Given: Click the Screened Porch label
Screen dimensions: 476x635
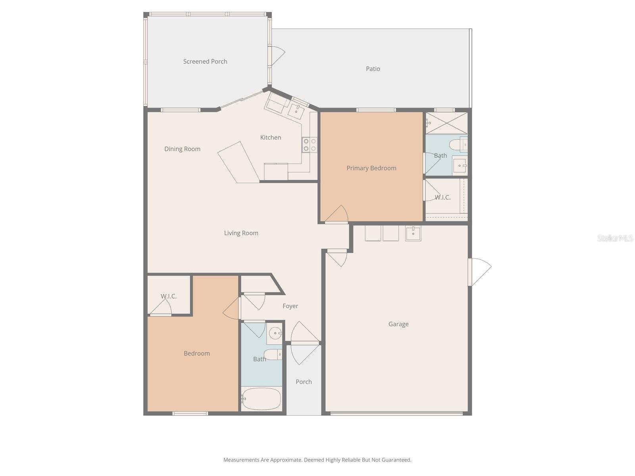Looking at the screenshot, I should point(205,61).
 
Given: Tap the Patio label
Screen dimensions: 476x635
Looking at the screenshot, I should point(373,69).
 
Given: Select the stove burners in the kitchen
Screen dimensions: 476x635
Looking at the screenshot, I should point(310,145).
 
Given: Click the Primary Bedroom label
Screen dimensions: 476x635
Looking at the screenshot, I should point(371,168).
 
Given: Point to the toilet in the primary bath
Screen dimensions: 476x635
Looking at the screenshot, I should point(460,145).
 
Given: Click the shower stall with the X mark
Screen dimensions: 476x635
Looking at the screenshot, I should point(446,123).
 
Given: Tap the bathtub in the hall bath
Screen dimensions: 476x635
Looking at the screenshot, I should point(261,399).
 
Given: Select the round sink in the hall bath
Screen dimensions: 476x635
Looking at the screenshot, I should point(275,333).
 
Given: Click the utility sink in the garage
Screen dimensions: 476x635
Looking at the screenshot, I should point(413,233).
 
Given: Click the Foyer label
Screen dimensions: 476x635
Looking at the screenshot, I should point(290,306).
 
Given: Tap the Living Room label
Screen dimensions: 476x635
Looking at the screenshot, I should point(241,233).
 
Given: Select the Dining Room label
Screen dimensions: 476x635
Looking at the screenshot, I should point(182,149).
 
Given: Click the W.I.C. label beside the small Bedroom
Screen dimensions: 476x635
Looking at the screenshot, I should point(169,296).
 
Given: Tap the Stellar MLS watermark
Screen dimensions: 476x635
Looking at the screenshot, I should point(615,238).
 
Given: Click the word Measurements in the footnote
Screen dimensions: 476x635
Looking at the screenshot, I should point(241,460).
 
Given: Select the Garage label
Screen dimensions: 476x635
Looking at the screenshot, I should point(398,324).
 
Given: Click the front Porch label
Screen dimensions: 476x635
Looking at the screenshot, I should point(304,382).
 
